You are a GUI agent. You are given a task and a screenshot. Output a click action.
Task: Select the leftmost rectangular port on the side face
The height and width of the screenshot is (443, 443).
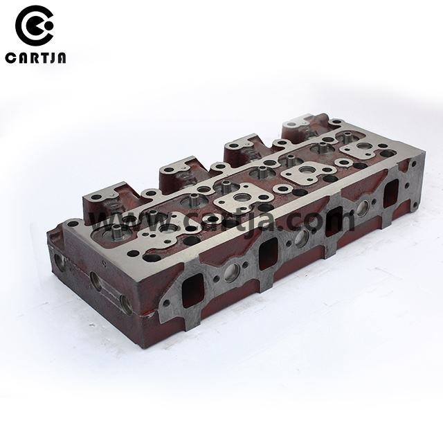pos(192,290)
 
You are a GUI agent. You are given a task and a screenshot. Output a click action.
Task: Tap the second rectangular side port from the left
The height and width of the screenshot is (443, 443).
pos(269,254)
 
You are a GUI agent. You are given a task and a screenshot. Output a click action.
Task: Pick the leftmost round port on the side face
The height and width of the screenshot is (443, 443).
pos(232,273)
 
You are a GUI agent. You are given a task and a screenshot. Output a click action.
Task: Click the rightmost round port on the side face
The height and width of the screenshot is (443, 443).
pos(363,208)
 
